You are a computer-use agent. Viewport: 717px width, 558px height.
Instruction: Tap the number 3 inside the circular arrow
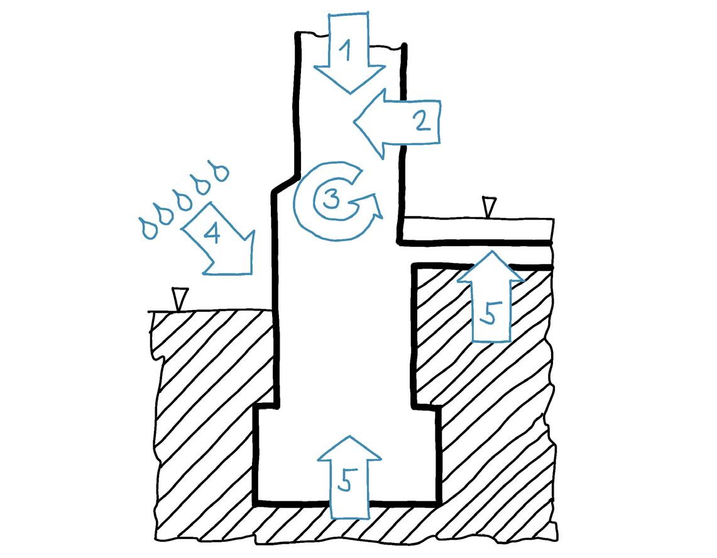pos(331,200)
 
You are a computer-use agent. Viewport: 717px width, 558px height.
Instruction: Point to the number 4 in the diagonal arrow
pos(212,234)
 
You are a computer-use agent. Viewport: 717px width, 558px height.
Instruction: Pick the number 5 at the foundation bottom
pos(345,480)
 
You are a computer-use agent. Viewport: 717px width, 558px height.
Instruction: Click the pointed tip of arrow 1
pos(349,94)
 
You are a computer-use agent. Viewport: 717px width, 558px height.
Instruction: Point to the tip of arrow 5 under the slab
pos(490,250)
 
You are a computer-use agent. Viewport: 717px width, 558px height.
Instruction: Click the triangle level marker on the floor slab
pos(488,207)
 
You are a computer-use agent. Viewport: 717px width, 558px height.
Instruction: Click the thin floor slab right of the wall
pos(478,229)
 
